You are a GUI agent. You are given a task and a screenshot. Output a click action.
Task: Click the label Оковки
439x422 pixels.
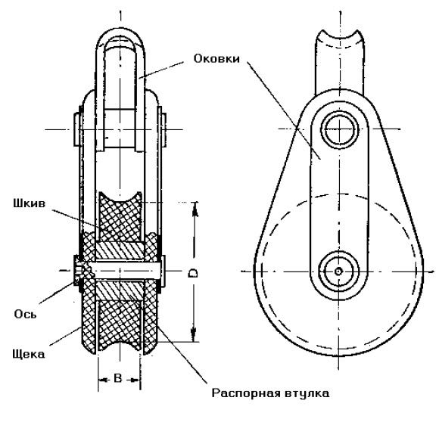[216, 59]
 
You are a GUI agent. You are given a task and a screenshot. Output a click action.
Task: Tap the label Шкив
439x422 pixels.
[29, 203]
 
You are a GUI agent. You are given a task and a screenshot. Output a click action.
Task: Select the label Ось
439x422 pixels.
[25, 315]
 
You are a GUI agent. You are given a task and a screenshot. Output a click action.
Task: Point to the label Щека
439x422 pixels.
[28, 355]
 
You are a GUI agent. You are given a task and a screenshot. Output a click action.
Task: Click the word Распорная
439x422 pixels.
[246, 393]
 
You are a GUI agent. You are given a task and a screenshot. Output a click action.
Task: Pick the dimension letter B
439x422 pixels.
[118, 379]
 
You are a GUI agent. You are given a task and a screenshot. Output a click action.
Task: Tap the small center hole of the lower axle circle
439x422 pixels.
[339, 272]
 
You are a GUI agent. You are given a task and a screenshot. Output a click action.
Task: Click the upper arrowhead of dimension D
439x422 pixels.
[195, 209]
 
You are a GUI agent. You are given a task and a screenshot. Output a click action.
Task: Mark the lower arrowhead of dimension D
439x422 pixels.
[194, 334]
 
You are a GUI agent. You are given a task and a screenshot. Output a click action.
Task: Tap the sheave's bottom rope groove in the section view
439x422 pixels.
[120, 345]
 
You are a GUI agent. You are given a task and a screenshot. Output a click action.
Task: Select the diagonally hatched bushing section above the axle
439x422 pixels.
[120, 251]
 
